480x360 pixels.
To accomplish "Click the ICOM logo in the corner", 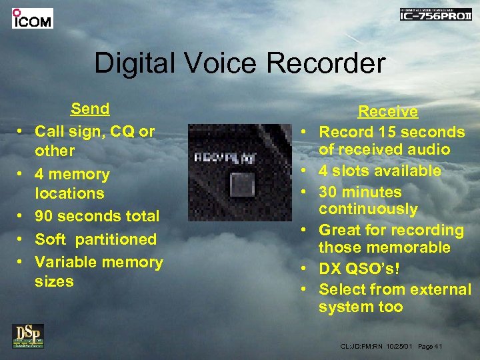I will click(32, 18).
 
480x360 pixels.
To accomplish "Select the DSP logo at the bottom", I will click(28, 335).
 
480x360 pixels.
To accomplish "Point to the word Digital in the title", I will click(133, 63).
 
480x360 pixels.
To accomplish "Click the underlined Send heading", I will click(90, 109).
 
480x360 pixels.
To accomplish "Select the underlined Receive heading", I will click(388, 111).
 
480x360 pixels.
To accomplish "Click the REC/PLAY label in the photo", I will click(220, 158).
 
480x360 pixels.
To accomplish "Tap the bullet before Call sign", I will click(22, 132).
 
